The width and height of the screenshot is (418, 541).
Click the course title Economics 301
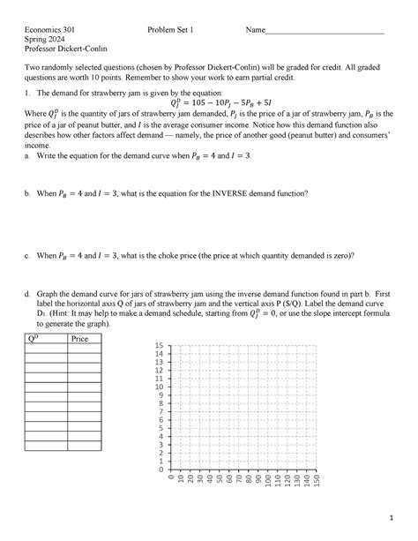(x=50, y=30)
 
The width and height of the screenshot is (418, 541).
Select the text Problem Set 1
(x=176, y=30)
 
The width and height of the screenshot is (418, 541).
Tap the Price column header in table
(x=83, y=338)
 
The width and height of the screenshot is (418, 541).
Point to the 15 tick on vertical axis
(x=159, y=345)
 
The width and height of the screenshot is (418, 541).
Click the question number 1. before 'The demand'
(x=28, y=92)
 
